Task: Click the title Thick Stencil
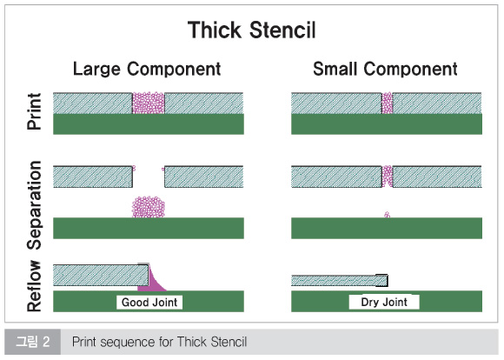pyautogui.click(x=252, y=30)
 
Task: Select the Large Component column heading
pyautogui.click(x=147, y=69)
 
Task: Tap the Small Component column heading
pyautogui.click(x=385, y=69)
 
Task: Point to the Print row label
pyautogui.click(x=34, y=111)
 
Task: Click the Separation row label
pyautogui.click(x=34, y=205)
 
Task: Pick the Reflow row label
pyautogui.click(x=34, y=286)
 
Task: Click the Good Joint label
pyautogui.click(x=149, y=303)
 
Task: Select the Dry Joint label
pyautogui.click(x=384, y=302)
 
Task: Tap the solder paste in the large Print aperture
pyautogui.click(x=149, y=103)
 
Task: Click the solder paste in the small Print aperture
pyautogui.click(x=388, y=103)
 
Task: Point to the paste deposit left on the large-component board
pyautogui.click(x=149, y=207)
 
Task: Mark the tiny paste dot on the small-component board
pyautogui.click(x=388, y=215)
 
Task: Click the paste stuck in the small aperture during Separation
pyautogui.click(x=388, y=176)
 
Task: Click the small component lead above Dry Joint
pyautogui.click(x=381, y=281)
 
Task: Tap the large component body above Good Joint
pyautogui.click(x=100, y=275)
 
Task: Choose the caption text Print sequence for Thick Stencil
pyautogui.click(x=159, y=342)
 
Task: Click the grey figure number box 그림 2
pyautogui.click(x=32, y=342)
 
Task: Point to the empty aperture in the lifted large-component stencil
pyautogui.click(x=149, y=177)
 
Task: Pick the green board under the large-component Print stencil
pyautogui.click(x=149, y=123)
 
